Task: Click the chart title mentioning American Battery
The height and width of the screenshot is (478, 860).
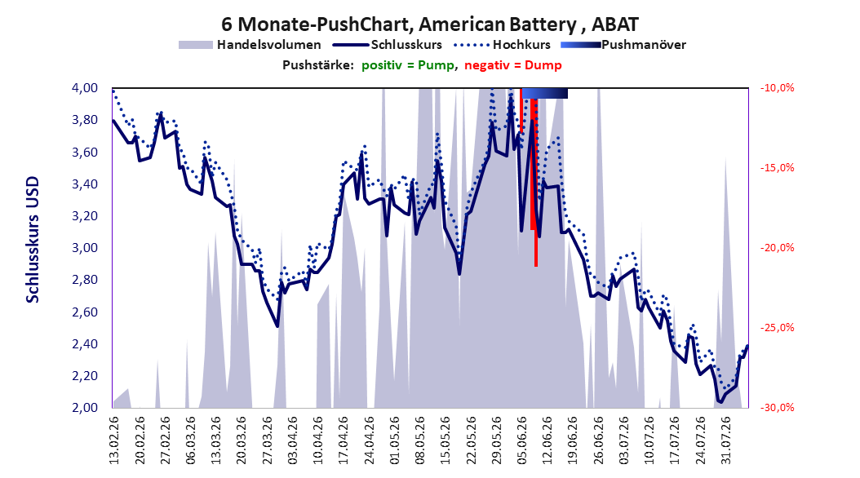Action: pos(429,24)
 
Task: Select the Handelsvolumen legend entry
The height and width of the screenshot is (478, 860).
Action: pos(250,45)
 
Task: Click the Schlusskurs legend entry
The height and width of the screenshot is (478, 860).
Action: pos(387,45)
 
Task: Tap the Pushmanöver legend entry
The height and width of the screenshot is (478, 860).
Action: pos(623,45)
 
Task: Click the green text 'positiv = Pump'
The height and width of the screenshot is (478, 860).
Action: pos(408,65)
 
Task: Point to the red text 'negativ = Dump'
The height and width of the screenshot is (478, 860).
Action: pos(513,65)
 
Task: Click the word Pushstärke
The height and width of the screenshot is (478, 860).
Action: pos(318,65)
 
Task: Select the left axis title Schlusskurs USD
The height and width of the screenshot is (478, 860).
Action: pos(33,240)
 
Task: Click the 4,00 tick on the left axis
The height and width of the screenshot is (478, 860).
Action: pos(85,88)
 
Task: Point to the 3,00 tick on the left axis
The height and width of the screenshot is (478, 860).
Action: pos(85,248)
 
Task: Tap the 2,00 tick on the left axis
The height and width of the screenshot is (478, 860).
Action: pos(85,407)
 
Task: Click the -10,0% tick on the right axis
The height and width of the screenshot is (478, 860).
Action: pos(777,88)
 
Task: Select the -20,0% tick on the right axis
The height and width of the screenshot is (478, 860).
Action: pos(777,248)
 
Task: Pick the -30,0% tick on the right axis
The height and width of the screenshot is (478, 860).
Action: pos(777,407)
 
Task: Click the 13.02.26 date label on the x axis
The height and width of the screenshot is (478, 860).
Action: pos(114,440)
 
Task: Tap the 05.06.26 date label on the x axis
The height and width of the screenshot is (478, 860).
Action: pos(522,440)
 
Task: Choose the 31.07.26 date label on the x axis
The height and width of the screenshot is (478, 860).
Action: pos(726,440)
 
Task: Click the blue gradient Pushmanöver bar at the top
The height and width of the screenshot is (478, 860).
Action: pos(544,93)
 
